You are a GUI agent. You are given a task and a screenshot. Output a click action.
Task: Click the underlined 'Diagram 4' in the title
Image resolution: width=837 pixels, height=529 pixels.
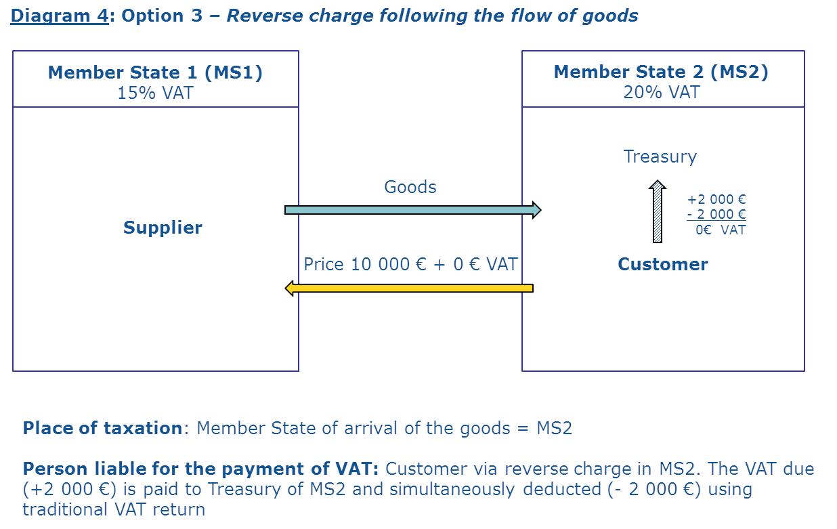pos(59,16)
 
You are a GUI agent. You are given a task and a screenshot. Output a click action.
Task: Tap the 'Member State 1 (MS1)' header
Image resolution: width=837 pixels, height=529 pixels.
pos(155,72)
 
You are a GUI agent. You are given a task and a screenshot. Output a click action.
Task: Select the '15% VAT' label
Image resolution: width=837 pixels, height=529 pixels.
pos(155,93)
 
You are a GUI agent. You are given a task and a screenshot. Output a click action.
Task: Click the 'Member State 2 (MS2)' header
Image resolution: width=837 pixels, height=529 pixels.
pos(661,72)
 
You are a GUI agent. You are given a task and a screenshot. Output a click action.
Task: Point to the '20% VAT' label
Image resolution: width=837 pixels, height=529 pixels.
pos(661,92)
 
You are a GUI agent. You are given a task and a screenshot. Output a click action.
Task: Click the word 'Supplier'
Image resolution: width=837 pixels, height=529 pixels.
pos(163,228)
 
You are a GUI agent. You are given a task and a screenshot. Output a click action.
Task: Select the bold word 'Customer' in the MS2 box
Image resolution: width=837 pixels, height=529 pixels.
pos(662,264)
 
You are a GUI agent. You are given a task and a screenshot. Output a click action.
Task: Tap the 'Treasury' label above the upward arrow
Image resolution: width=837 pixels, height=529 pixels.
pos(660,156)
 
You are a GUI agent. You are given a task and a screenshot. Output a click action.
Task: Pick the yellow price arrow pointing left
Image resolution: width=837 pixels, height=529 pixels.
pos(409,289)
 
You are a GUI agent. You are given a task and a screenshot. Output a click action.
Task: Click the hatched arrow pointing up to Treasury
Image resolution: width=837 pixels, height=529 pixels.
pos(657,211)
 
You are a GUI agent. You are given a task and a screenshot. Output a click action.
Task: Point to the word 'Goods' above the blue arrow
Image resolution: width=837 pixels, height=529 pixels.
pos(410,187)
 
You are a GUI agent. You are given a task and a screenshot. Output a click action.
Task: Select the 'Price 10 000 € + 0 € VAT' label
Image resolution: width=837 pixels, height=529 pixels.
pos(410,264)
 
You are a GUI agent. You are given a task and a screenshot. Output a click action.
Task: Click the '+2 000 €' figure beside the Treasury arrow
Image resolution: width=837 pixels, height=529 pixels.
pos(716,200)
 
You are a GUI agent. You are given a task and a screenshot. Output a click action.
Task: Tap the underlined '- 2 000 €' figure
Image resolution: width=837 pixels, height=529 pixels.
pos(716,215)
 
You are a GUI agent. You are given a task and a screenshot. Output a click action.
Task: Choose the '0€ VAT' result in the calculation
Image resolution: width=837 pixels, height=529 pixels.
pos(721,230)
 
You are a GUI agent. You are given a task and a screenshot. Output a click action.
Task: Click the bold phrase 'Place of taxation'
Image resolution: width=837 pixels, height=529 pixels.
pos(102,428)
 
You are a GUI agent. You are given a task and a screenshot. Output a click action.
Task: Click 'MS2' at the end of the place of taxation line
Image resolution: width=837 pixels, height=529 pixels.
pos(554,428)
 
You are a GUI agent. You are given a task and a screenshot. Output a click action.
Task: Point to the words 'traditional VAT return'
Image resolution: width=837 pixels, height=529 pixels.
pos(114,509)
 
